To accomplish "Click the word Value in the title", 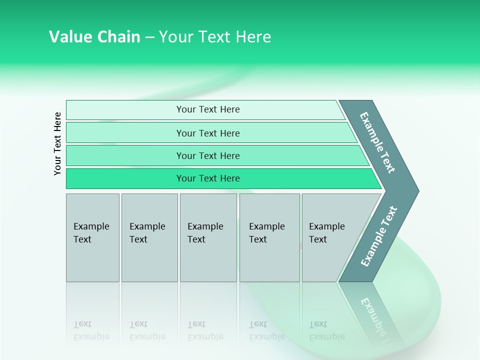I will pyautogui.click(x=70, y=37).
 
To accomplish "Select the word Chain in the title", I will pyautogui.click(x=118, y=37).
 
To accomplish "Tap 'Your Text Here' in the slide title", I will pyautogui.click(x=215, y=37).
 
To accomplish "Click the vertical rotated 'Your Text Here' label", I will pyautogui.click(x=57, y=143).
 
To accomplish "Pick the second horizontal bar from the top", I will pyautogui.click(x=207, y=133).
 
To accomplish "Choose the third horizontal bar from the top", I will pyautogui.click(x=207, y=155).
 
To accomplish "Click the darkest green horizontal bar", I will pyautogui.click(x=207, y=178).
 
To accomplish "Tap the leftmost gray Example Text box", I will pyautogui.click(x=92, y=237).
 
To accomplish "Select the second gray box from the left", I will pyautogui.click(x=149, y=237).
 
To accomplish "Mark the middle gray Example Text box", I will pyautogui.click(x=208, y=237).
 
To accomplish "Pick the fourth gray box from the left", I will pyautogui.click(x=269, y=237).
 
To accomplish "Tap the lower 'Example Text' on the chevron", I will pyautogui.click(x=379, y=236).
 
